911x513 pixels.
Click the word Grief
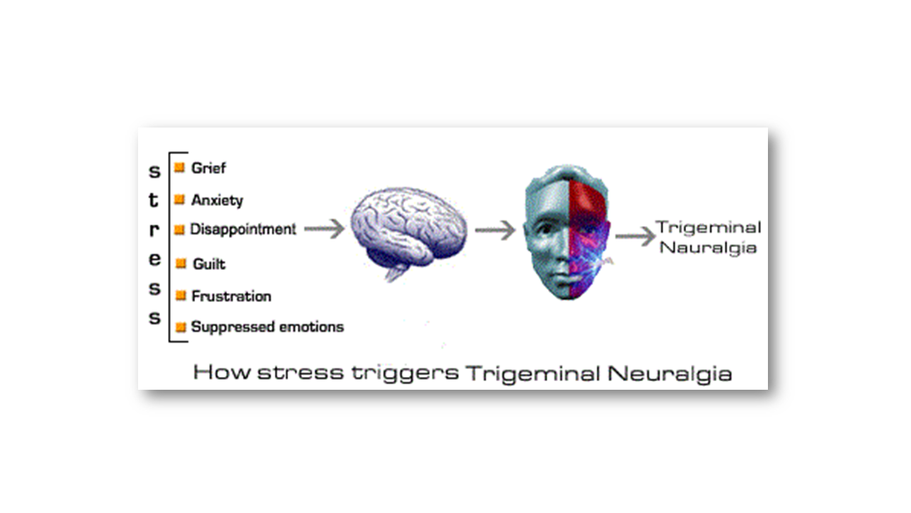(209, 168)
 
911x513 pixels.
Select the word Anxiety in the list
(217, 200)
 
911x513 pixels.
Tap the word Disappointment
(243, 229)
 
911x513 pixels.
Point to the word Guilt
(209, 264)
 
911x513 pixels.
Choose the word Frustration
(231, 296)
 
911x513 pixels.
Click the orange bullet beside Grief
(179, 167)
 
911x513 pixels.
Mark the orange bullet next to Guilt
(181, 263)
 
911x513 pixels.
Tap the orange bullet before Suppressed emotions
(181, 327)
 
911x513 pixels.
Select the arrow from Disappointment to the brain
(325, 229)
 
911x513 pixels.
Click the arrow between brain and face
(495, 230)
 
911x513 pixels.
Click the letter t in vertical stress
(154, 201)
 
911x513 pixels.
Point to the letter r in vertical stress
(154, 230)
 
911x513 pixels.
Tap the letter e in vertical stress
(154, 259)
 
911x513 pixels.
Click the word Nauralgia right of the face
(708, 248)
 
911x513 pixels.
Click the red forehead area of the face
(587, 196)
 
